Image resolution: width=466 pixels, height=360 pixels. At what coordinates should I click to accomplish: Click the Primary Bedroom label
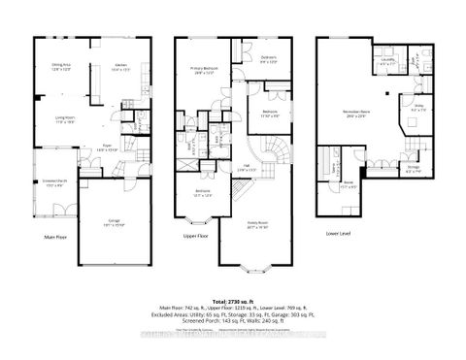203,69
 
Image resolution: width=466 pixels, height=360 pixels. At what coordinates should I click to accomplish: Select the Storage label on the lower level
412,173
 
